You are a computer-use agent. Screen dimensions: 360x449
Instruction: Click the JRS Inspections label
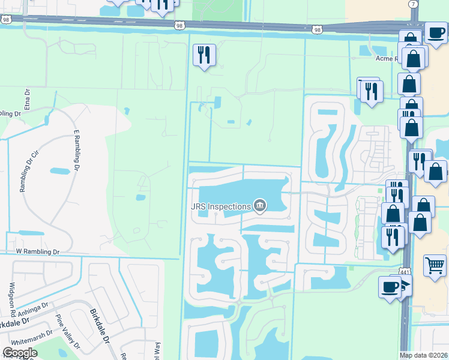[x=220, y=206]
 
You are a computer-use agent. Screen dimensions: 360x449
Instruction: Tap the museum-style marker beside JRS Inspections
[x=260, y=206]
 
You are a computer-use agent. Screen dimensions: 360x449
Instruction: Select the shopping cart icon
[x=435, y=265]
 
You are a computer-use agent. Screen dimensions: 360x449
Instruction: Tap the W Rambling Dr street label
[x=38, y=252]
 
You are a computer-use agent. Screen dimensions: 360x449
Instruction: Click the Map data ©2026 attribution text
[x=424, y=355]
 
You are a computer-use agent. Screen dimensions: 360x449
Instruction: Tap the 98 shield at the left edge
[x=5, y=20]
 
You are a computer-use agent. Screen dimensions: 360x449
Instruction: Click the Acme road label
[x=387, y=59]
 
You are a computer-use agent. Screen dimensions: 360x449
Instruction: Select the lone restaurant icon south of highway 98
[x=204, y=55]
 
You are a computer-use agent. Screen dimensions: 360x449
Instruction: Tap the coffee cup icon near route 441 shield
[x=389, y=286]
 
